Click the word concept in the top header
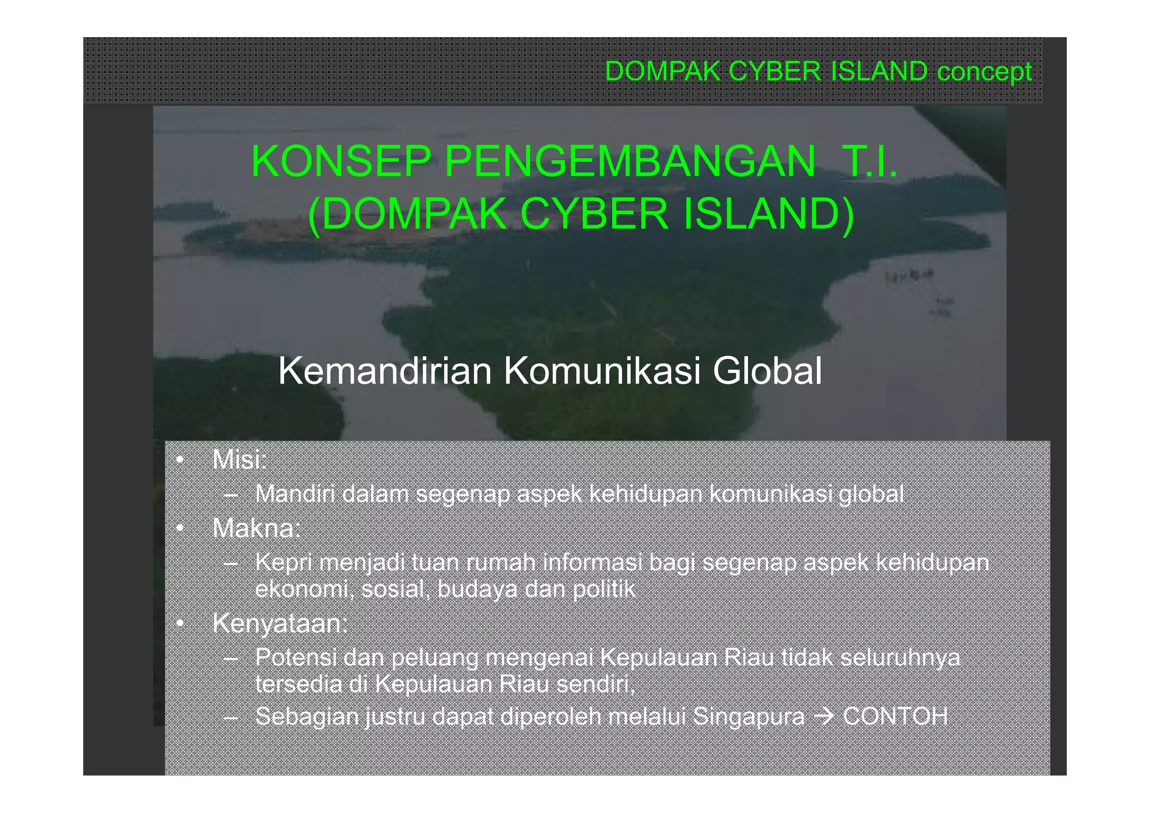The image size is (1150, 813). coord(984,72)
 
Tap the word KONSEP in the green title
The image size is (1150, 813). coord(341,162)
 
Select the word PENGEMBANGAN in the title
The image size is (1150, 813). coord(630,162)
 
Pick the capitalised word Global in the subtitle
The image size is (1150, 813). coord(767,371)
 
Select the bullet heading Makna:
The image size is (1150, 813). coord(257,528)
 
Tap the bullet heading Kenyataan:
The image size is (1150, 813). coord(280,624)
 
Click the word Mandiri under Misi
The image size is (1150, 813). coord(295,494)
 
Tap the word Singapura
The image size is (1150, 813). coord(749,716)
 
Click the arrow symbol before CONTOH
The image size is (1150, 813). coord(823,717)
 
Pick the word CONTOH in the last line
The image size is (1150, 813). coord(895,716)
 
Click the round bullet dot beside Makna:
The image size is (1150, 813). coord(180,529)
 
